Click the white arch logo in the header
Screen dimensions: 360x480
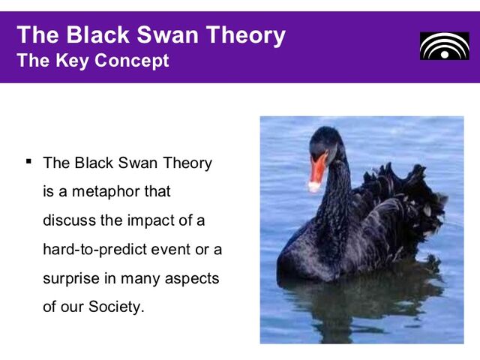444,46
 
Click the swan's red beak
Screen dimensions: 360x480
319,166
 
